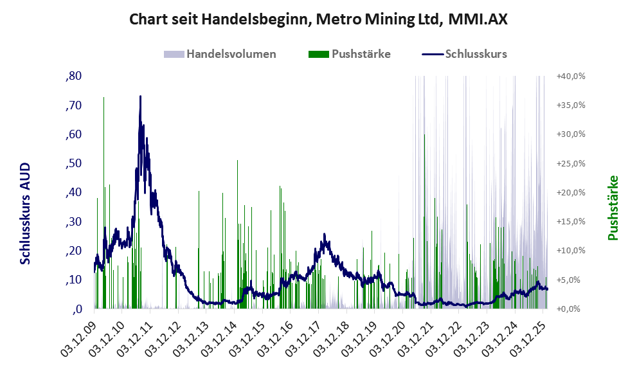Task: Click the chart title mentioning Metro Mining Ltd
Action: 318,20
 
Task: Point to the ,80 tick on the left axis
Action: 73,76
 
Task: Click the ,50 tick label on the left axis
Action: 73,163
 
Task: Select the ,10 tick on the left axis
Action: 73,280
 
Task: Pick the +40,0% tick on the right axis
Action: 571,76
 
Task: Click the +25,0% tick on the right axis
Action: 571,163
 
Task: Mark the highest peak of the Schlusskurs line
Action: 140,96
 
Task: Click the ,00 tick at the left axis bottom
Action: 75,309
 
